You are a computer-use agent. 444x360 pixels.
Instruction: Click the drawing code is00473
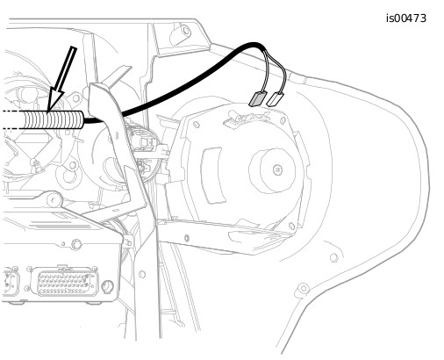coord(406,18)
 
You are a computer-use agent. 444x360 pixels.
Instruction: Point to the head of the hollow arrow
coord(48,111)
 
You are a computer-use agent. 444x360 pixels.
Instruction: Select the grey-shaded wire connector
coord(258,98)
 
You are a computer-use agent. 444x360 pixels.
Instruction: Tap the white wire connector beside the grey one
coord(276,99)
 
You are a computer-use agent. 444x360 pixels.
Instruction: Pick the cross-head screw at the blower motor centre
coord(277,169)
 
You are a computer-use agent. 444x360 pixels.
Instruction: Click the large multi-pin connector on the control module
coord(65,281)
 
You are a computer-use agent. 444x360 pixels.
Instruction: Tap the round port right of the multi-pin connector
coord(108,286)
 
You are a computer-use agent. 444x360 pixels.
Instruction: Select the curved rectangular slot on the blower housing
coord(213,176)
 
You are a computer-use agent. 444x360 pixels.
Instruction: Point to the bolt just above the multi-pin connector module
coord(76,244)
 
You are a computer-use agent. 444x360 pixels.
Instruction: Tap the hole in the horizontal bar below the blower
coord(187,238)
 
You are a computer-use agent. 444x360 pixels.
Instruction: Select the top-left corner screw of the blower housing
coord(197,125)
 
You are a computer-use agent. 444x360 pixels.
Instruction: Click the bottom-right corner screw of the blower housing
coord(291,226)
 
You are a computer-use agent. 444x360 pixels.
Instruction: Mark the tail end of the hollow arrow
coord(74,47)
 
